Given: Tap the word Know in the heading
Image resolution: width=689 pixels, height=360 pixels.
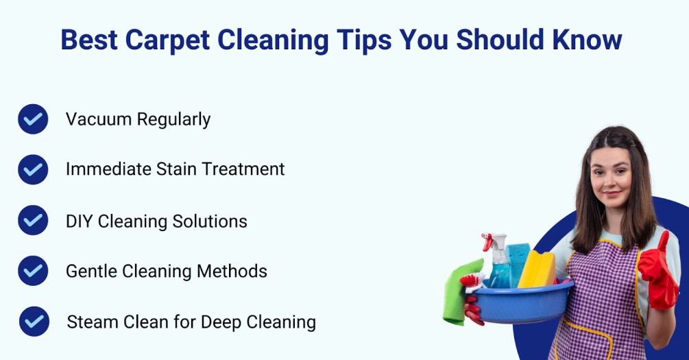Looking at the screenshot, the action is [587, 40].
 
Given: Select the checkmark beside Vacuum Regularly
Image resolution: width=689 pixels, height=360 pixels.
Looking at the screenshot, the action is [33, 119].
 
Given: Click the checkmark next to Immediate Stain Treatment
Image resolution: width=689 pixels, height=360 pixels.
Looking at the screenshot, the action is [33, 169].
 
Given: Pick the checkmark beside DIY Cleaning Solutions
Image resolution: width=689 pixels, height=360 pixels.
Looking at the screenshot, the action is [33, 220].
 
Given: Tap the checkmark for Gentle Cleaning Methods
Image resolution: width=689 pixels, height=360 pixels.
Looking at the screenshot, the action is [33, 271].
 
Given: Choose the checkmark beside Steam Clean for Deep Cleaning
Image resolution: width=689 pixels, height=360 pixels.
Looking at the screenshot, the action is [34, 322].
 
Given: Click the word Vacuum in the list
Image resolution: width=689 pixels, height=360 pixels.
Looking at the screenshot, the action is [99, 119].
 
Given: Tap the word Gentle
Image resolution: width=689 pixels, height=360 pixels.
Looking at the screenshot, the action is [91, 272].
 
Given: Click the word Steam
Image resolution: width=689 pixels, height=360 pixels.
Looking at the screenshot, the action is [93, 322].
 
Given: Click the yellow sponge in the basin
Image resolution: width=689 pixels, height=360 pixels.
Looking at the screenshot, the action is [537, 269].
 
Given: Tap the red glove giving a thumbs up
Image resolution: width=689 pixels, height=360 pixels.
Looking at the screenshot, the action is [657, 272].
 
